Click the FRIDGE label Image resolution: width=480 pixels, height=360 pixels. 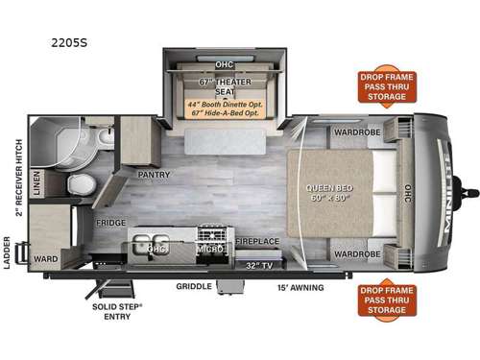tap(111, 223)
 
